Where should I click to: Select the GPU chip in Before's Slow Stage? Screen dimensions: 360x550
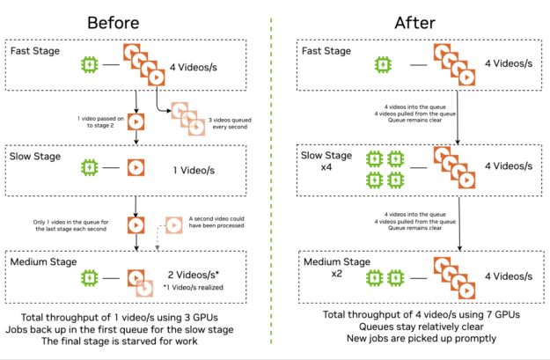pos(90,165)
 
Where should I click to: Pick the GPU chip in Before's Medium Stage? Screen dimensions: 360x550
pos(90,276)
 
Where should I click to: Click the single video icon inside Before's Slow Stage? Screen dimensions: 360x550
pos(136,165)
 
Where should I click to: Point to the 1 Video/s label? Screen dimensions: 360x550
pos(197,165)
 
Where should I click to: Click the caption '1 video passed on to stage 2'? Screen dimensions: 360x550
pos(99,120)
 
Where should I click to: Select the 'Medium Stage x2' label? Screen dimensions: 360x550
pos(324,267)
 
